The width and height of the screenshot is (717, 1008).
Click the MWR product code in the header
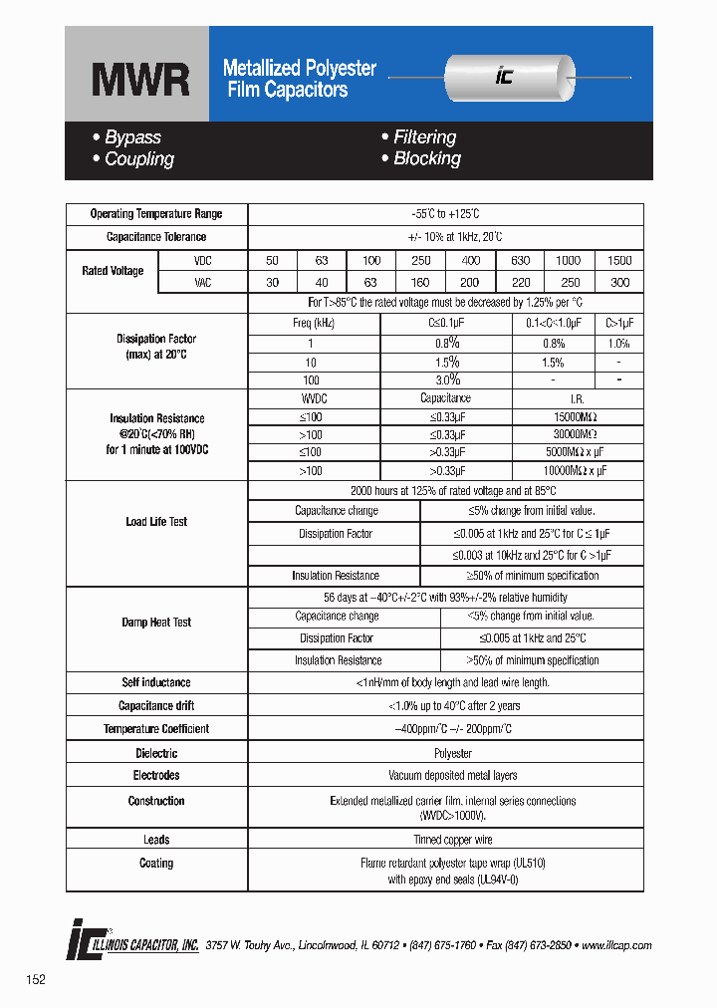click(x=140, y=80)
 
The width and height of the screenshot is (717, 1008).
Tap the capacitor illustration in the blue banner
click(x=508, y=77)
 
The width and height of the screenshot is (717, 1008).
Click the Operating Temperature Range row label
click(x=156, y=214)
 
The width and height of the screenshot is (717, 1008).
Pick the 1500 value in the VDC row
click(x=619, y=260)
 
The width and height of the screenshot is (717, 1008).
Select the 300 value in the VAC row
click(x=619, y=283)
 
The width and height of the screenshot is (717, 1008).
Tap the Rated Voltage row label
click(x=113, y=271)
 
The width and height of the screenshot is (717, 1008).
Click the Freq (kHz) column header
click(x=313, y=324)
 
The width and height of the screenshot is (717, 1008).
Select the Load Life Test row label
click(x=156, y=522)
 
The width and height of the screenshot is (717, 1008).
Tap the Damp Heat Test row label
click(x=156, y=623)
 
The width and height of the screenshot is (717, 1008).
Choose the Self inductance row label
click(x=156, y=682)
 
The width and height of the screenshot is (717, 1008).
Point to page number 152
click(x=36, y=980)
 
